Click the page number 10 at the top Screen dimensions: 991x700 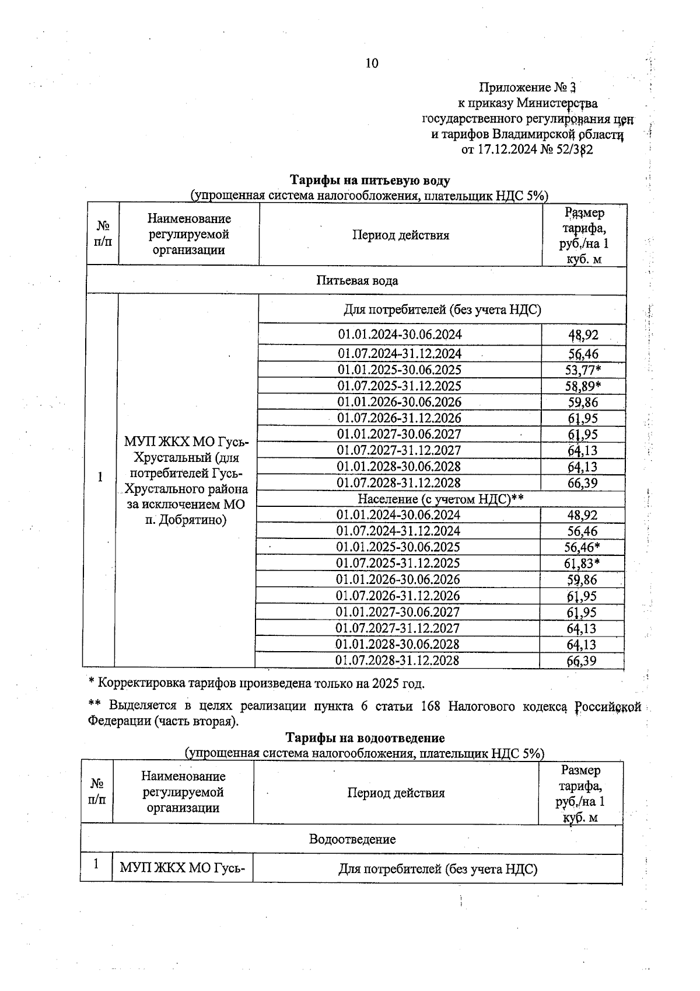(x=372, y=63)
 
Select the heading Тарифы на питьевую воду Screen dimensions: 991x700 (x=370, y=180)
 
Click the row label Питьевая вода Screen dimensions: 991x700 (x=357, y=280)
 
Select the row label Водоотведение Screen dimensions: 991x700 (x=352, y=839)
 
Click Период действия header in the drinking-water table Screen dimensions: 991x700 (x=400, y=235)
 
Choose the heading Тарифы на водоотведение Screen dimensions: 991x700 (x=365, y=738)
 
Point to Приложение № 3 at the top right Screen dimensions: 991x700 (x=527, y=88)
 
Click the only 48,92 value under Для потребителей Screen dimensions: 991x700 (x=583, y=335)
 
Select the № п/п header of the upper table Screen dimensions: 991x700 (x=103, y=234)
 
